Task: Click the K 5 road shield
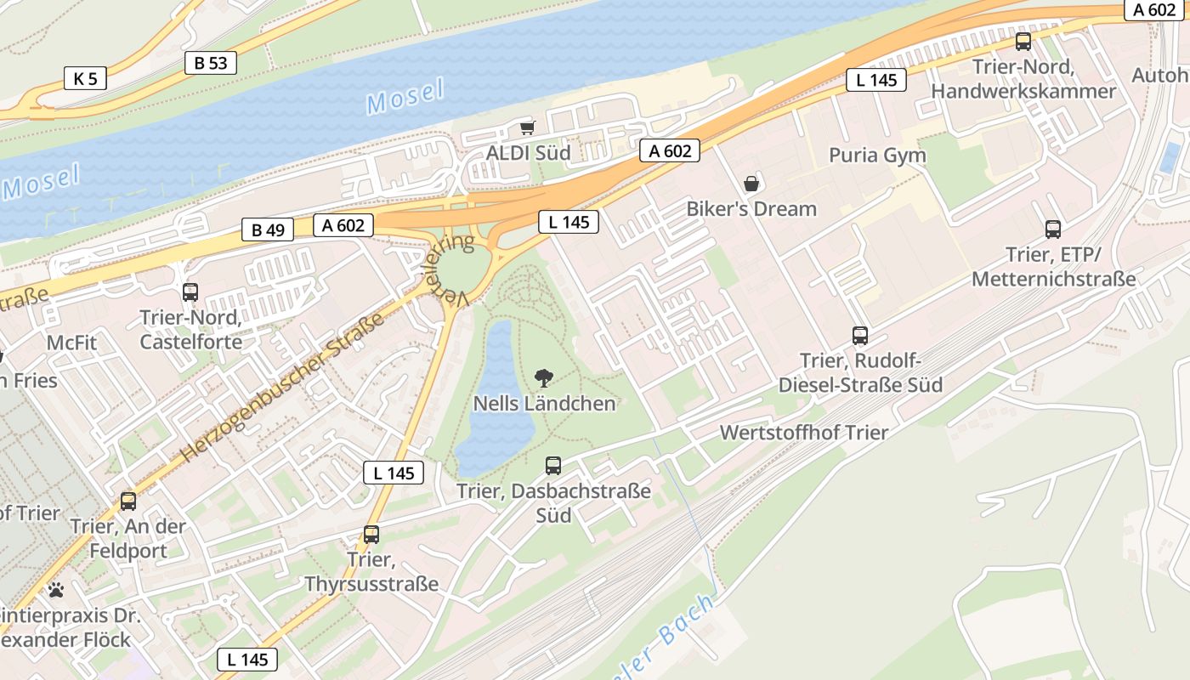tap(85, 79)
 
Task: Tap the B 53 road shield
tap(210, 62)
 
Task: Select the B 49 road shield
tap(268, 229)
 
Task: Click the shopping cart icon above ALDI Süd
tap(527, 128)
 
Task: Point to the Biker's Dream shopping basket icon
tap(751, 183)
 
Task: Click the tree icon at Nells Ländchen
tap(543, 377)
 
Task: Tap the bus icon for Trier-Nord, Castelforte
tap(190, 292)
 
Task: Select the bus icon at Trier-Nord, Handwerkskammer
tap(1023, 42)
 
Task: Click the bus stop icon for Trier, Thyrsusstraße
tap(371, 535)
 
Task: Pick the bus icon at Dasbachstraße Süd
tap(553, 465)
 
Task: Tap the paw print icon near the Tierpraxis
tap(56, 589)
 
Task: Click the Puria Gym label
tap(877, 156)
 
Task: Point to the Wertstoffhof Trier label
tap(803, 432)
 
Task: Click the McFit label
tap(72, 343)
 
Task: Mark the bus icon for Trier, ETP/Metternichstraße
tap(1053, 229)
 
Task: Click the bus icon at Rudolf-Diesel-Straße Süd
tap(860, 335)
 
